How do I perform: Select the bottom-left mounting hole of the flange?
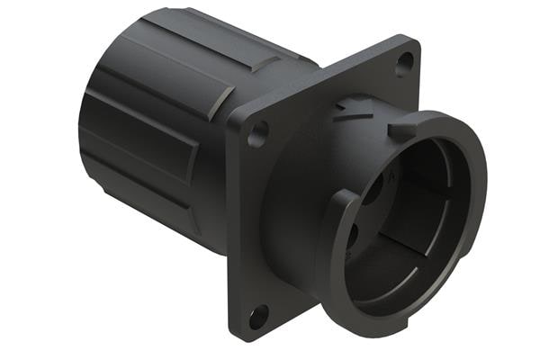click(x=258, y=315)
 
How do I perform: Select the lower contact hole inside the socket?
click(x=352, y=236)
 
